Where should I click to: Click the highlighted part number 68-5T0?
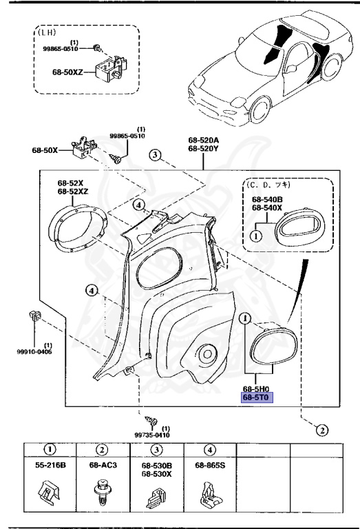(255, 397)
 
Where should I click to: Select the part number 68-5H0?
(255, 388)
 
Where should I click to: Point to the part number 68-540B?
(266, 199)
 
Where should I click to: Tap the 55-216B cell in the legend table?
(50, 466)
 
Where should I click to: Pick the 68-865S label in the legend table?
(209, 466)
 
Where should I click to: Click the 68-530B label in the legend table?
(156, 466)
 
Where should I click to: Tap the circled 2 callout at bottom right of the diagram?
(321, 431)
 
